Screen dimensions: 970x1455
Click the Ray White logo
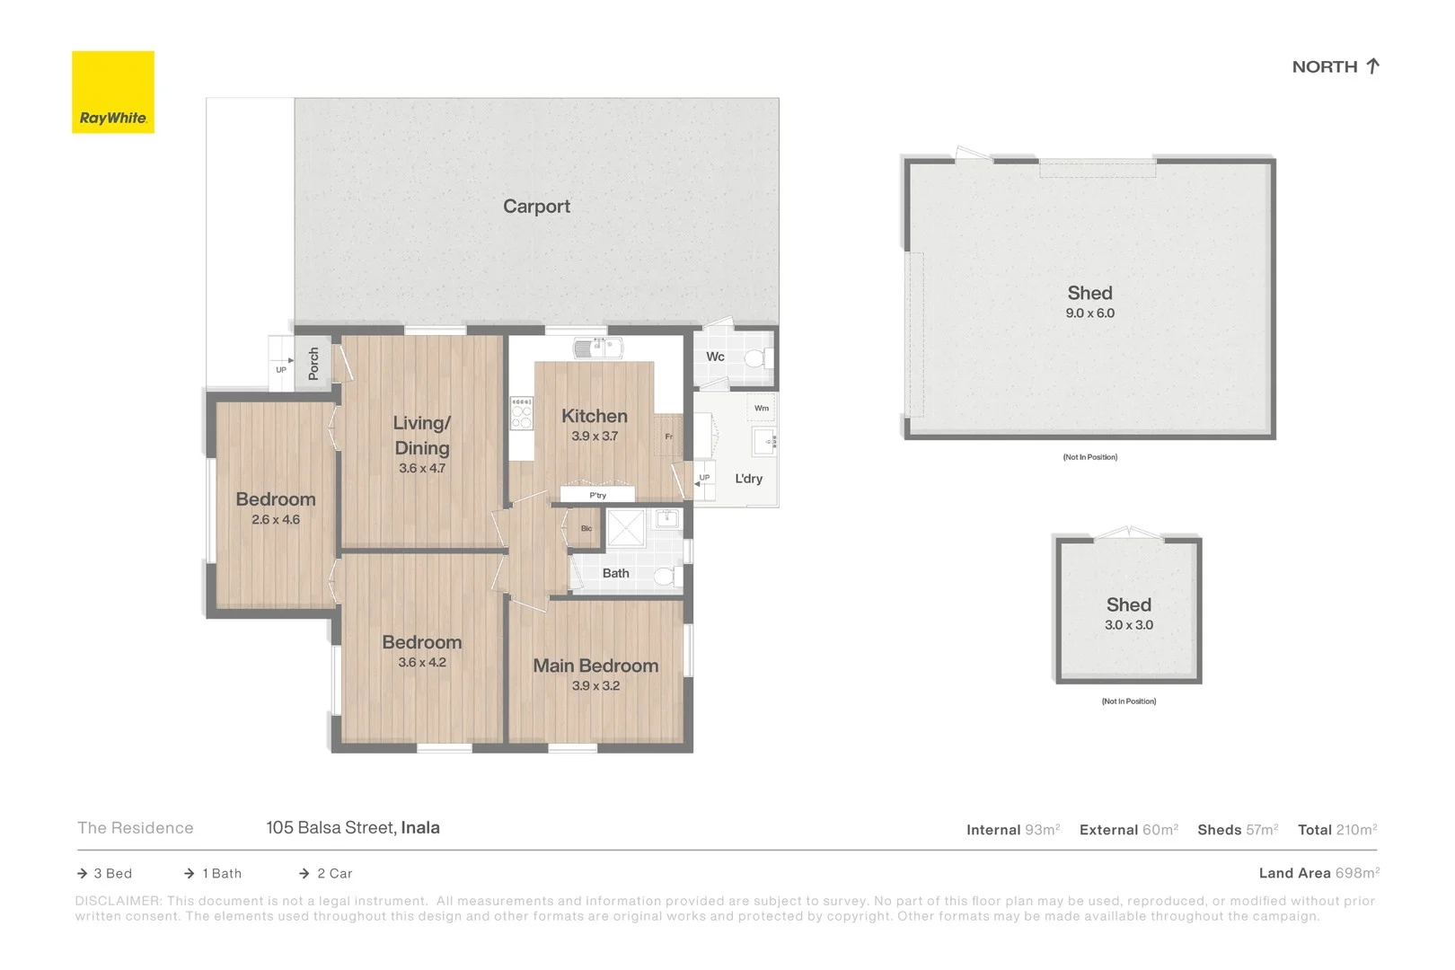pyautogui.click(x=113, y=93)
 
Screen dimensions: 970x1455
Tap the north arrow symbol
pyautogui.click(x=1372, y=66)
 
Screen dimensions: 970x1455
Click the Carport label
pyautogui.click(x=536, y=207)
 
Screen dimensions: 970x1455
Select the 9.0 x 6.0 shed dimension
pyautogui.click(x=1089, y=313)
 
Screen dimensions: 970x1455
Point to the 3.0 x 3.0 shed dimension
pyautogui.click(x=1128, y=625)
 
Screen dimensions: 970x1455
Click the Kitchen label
pyautogui.click(x=594, y=416)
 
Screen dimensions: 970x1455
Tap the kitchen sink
pyautogui.click(x=597, y=348)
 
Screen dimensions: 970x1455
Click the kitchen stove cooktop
pyautogui.click(x=521, y=413)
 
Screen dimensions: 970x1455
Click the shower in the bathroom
pyautogui.click(x=625, y=528)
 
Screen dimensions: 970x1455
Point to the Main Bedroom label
pyautogui.click(x=595, y=666)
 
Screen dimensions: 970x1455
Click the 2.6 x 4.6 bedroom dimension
pyautogui.click(x=276, y=520)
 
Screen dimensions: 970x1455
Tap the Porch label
pyautogui.click(x=313, y=363)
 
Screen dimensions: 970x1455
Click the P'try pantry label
pyautogui.click(x=597, y=495)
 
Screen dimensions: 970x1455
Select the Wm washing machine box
pyautogui.click(x=761, y=408)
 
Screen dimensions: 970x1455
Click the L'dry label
pyautogui.click(x=748, y=479)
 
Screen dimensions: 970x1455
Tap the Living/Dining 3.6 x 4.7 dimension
pyautogui.click(x=422, y=469)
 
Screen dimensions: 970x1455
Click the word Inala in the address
pyautogui.click(x=420, y=828)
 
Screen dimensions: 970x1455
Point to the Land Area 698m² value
pyautogui.click(x=1357, y=873)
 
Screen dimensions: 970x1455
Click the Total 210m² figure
pyautogui.click(x=1355, y=830)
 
